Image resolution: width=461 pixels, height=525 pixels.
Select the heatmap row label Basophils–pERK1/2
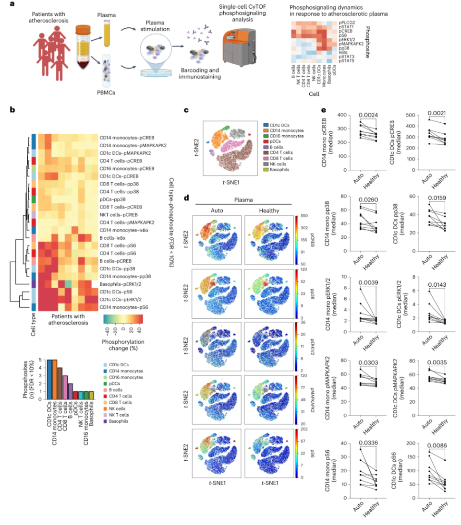(123, 283)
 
